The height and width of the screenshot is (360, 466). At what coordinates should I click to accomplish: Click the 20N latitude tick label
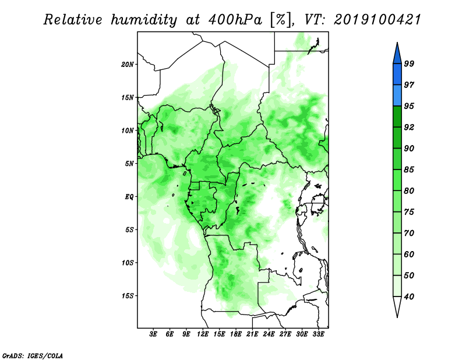[128, 65]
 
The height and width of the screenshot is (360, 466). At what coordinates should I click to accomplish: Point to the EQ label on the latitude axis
[129, 197]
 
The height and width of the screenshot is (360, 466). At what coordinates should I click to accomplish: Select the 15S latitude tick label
[128, 296]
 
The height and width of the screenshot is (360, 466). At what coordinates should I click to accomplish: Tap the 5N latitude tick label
[129, 164]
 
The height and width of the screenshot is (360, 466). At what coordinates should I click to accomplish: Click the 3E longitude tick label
[153, 334]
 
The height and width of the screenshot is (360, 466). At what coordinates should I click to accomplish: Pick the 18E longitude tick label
[235, 334]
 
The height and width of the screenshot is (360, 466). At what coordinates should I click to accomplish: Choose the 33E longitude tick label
[318, 334]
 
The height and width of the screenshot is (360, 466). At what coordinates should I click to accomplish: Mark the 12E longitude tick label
[202, 334]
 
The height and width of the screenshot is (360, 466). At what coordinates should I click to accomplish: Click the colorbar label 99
[409, 63]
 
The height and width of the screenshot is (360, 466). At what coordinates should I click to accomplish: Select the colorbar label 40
[409, 297]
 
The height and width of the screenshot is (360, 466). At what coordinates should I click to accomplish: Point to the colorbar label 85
[409, 170]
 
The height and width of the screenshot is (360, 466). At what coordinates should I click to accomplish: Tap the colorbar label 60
[409, 254]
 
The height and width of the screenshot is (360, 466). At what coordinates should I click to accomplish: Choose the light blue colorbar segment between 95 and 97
[397, 96]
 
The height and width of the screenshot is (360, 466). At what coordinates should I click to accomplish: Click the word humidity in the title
[144, 20]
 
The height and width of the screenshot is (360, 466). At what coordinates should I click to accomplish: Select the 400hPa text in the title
[235, 20]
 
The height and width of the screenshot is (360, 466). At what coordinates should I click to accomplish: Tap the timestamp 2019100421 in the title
[377, 20]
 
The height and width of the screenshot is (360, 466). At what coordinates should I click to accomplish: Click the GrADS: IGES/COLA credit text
[33, 355]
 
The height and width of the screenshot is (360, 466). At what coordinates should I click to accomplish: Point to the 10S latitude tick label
[128, 263]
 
